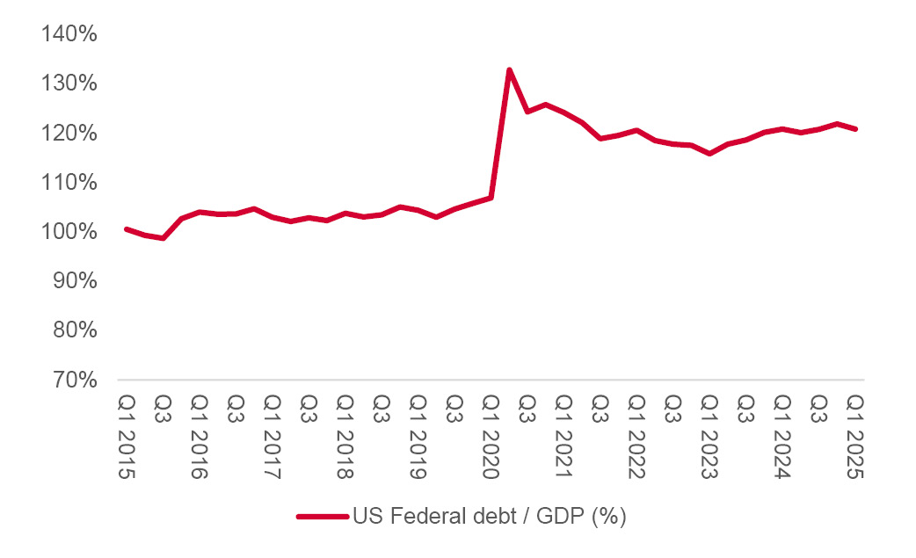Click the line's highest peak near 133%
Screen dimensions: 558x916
coord(509,69)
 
